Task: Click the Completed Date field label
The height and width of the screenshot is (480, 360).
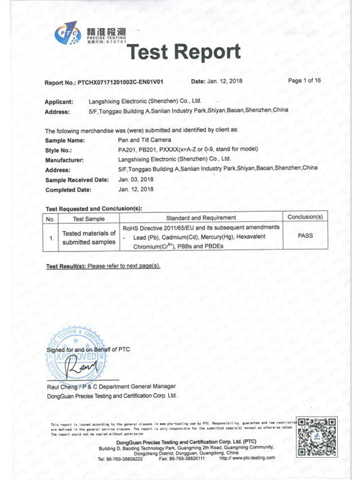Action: (68, 190)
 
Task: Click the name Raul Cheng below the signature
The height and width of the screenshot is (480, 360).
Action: (62, 387)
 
